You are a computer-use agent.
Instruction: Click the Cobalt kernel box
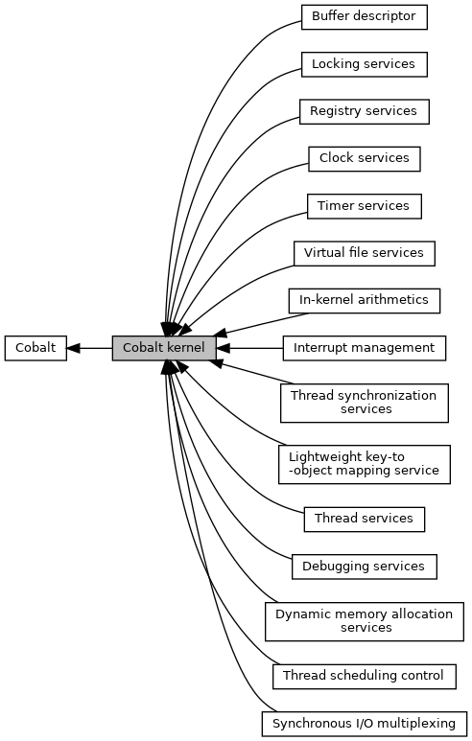click(x=164, y=348)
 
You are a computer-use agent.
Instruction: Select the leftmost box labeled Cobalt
click(x=35, y=348)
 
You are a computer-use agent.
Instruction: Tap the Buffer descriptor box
click(x=365, y=17)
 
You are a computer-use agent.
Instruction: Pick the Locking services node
click(x=365, y=64)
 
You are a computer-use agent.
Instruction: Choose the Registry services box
click(x=365, y=111)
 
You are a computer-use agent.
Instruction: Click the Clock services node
click(x=365, y=159)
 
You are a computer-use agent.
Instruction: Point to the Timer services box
click(x=365, y=206)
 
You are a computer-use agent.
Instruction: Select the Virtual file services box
click(x=365, y=253)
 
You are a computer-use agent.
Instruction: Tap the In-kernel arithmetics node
click(x=365, y=301)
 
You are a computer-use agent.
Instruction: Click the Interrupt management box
click(x=365, y=348)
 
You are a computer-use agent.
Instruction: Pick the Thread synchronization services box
click(x=365, y=404)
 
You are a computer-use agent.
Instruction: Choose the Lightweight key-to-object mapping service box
click(x=365, y=465)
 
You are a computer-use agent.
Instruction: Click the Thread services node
click(x=365, y=520)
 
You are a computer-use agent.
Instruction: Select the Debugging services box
click(x=365, y=567)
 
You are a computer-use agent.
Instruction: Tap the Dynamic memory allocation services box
click(x=365, y=621)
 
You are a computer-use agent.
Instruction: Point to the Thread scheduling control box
click(x=365, y=676)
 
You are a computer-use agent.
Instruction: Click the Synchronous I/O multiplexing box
click(x=365, y=724)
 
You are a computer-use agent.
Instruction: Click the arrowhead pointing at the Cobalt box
click(x=73, y=348)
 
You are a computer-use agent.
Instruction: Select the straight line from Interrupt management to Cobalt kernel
click(x=249, y=348)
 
